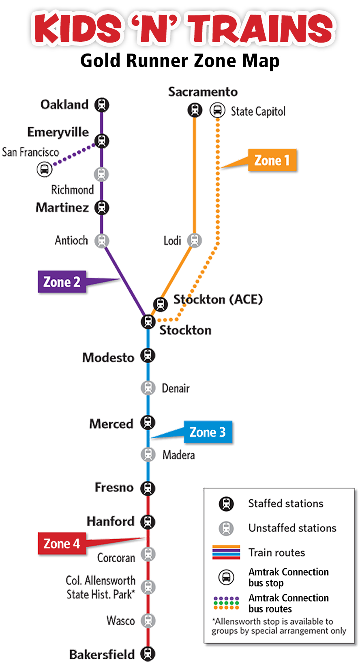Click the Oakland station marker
point(102,105)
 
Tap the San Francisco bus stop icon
point(44,169)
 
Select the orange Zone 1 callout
point(272,160)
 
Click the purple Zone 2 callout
point(62,282)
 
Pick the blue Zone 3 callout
point(208,432)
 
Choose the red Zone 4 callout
point(62,544)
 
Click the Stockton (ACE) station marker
point(161,304)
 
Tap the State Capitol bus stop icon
point(217,110)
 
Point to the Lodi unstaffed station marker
point(195,240)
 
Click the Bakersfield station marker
point(148,653)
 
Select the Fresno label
point(114,487)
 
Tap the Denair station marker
point(148,388)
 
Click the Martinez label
point(62,208)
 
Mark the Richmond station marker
point(102,174)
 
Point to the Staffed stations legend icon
point(226,504)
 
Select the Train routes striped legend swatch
point(226,553)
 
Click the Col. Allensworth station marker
point(148,587)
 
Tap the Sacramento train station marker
point(195,110)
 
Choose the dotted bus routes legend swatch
point(226,603)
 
